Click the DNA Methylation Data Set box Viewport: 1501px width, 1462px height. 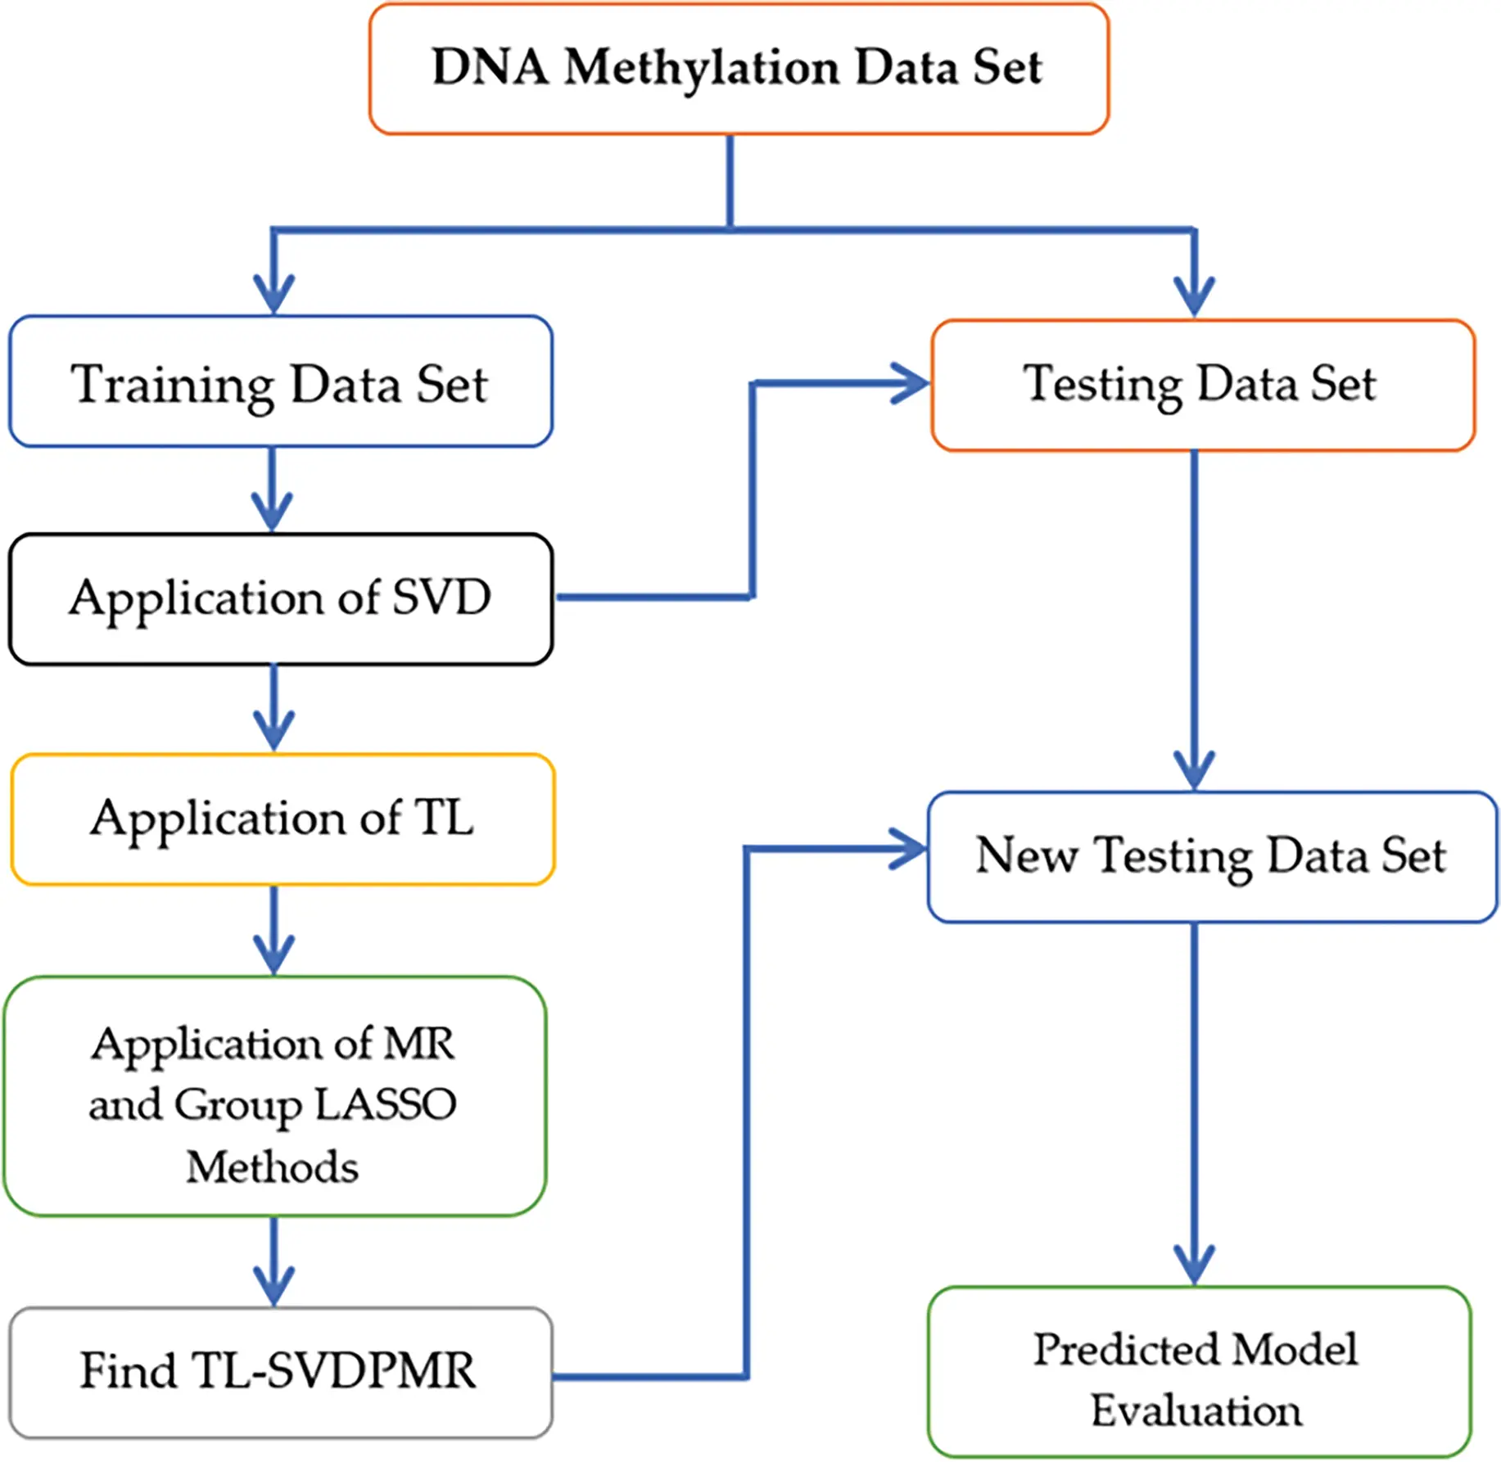tap(739, 69)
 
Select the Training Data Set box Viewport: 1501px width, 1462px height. tap(281, 381)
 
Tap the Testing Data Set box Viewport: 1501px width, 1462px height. tap(1203, 385)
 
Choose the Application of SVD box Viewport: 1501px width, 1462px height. tap(281, 599)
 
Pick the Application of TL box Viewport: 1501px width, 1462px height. tap(283, 819)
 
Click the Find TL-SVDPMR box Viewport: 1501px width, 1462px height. tap(281, 1373)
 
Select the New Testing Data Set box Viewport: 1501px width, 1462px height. tap(1213, 857)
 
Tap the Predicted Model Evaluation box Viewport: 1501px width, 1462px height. tap(1200, 1372)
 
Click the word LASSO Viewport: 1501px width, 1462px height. tap(386, 1104)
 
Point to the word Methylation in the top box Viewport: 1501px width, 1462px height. tap(702, 69)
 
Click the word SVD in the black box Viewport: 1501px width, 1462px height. tap(441, 597)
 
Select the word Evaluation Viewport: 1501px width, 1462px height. tap(1196, 1410)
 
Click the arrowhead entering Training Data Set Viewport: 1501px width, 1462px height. tap(274, 295)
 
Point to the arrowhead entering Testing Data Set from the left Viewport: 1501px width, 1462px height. tap(911, 383)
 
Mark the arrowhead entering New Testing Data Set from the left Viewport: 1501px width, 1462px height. tap(907, 850)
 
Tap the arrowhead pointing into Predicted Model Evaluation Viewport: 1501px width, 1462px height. tap(1194, 1266)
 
